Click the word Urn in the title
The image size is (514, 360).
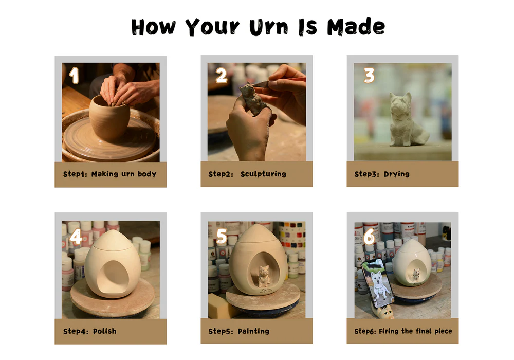[x=268, y=27]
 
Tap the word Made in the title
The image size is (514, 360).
[x=356, y=27]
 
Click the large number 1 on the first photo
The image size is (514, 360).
[x=75, y=75]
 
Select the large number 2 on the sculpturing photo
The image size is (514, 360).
[x=222, y=75]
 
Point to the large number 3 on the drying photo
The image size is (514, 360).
[x=369, y=75]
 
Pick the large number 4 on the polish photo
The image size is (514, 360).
[x=76, y=236]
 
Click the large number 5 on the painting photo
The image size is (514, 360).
[x=222, y=236]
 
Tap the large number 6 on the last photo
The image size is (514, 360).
[x=370, y=236]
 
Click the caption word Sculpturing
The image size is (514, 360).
[x=263, y=174]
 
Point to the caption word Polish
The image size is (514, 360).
[x=104, y=331]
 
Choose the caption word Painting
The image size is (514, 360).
[x=253, y=331]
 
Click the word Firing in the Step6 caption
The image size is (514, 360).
[x=389, y=331]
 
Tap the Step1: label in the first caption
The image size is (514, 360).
[x=75, y=174]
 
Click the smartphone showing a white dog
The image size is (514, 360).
[x=377, y=283]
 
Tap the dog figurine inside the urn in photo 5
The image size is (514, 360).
[x=263, y=276]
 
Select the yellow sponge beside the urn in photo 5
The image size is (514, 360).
[x=221, y=306]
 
